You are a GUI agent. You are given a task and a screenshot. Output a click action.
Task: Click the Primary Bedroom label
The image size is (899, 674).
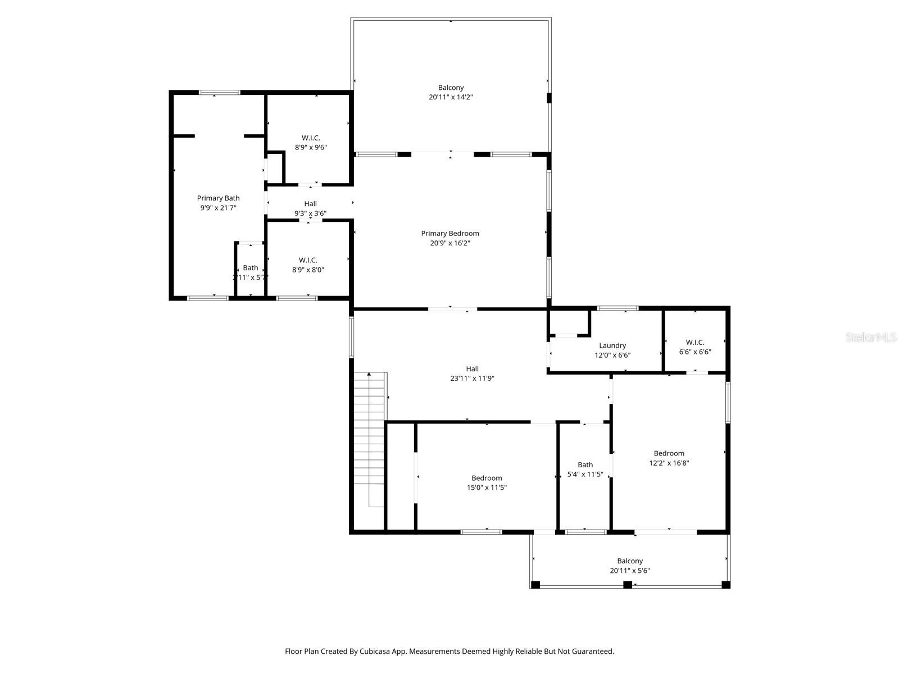pos(450,234)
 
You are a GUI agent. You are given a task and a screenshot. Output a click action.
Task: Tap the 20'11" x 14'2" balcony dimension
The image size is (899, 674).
pos(451,97)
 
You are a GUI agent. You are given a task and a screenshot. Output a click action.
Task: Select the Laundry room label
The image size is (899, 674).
pos(612,345)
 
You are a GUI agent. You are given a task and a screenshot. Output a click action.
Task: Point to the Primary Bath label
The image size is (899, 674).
pos(218,198)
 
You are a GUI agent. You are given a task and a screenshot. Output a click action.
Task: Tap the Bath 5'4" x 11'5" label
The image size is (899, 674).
pos(585,464)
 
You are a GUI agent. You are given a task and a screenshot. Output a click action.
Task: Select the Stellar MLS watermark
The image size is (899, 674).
pos(870,337)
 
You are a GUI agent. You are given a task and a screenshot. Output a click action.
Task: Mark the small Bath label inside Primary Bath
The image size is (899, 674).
pos(250,268)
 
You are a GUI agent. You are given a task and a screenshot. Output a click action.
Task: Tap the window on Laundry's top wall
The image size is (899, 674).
pos(618,308)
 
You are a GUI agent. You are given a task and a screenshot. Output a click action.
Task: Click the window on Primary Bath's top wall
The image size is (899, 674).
pos(220,93)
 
